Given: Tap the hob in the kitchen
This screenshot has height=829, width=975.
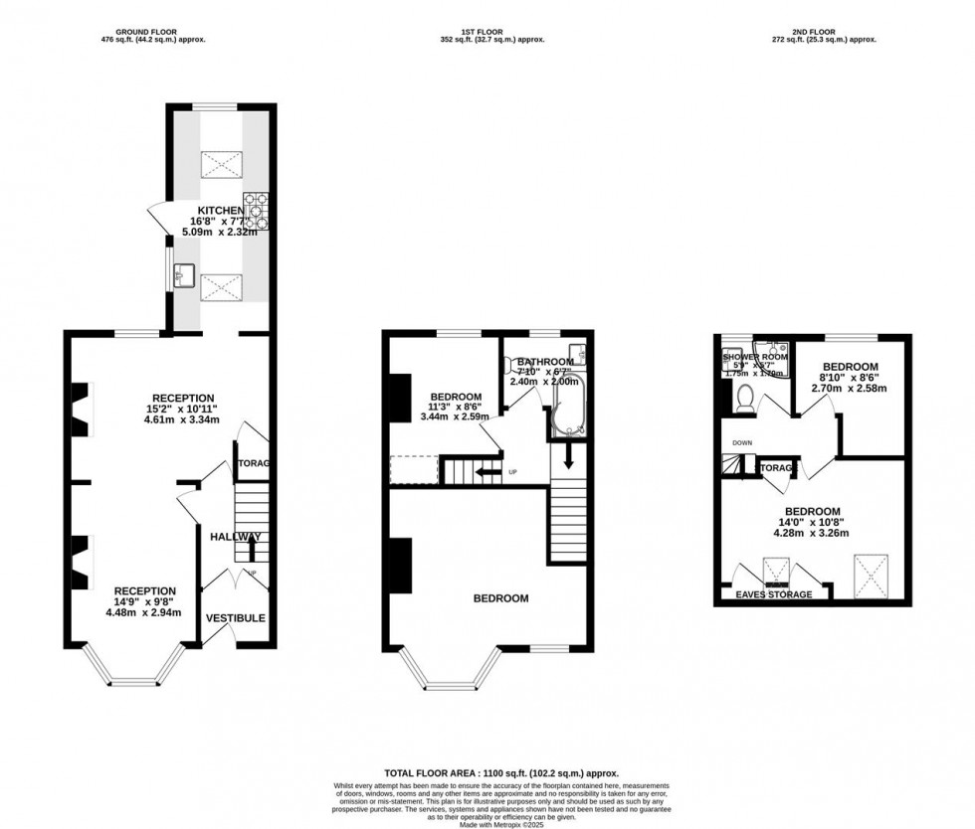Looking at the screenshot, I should (x=258, y=210).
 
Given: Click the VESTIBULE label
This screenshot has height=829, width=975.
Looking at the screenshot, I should (x=236, y=618).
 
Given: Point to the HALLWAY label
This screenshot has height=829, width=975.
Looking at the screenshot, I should (x=236, y=537).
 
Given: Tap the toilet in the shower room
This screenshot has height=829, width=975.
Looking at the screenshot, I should (x=744, y=397).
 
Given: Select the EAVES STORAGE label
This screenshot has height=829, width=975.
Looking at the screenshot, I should (x=773, y=594).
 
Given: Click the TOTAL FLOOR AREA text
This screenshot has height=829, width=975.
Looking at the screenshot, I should (x=501, y=772).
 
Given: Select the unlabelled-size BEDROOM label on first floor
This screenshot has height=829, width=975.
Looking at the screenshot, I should (x=500, y=598).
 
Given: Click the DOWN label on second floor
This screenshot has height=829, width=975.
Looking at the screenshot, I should (x=742, y=442).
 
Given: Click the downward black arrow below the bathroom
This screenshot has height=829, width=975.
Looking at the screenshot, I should (x=568, y=458).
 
